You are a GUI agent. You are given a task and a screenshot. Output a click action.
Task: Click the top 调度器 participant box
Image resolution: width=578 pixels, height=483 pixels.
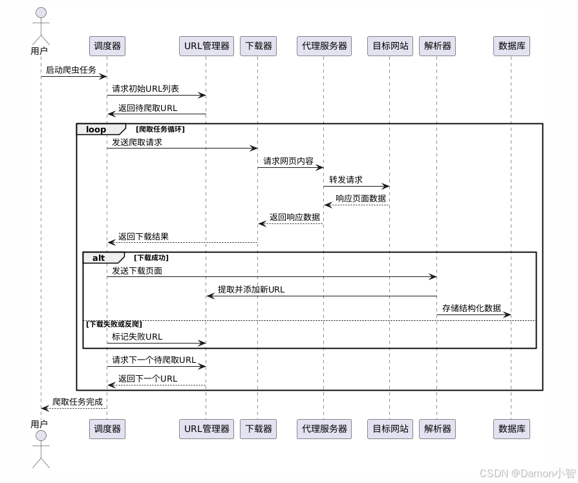(x=107, y=46)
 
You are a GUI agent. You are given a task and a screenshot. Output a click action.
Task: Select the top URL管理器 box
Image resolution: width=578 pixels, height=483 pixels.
(x=206, y=46)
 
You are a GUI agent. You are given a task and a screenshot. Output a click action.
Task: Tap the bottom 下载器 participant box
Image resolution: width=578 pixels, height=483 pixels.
(x=259, y=428)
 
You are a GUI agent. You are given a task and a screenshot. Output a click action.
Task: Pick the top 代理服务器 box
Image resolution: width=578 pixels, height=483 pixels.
(x=324, y=46)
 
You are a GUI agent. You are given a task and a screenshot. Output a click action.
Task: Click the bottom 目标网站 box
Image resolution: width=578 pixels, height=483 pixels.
(x=391, y=428)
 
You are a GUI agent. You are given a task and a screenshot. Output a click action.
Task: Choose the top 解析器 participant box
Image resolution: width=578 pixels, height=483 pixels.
(x=437, y=46)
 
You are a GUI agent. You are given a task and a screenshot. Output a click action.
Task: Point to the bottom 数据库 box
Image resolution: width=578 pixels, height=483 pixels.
(x=511, y=428)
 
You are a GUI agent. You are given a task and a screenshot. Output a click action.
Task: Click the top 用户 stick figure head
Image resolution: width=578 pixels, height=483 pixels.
(x=41, y=13)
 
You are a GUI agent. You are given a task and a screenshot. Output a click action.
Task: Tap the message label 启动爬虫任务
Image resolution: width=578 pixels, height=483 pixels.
(x=70, y=70)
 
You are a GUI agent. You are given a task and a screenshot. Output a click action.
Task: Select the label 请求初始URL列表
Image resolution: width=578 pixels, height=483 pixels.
(x=145, y=88)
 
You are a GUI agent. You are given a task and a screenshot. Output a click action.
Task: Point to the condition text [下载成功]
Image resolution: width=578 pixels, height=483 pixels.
(x=151, y=258)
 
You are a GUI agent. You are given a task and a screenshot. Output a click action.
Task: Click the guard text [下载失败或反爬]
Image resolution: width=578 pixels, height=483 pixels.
(x=114, y=324)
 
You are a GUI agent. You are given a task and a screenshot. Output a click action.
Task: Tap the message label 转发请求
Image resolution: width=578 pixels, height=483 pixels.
(x=345, y=180)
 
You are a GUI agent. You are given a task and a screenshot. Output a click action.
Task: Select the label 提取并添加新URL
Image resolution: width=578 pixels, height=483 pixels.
(x=251, y=289)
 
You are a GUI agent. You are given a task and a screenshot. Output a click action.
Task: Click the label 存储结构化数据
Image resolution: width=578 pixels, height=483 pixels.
(x=471, y=308)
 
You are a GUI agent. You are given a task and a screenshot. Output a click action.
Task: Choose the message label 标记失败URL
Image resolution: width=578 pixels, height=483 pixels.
(x=137, y=336)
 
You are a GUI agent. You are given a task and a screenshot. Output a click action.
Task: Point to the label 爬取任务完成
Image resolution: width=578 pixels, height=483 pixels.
(x=77, y=402)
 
